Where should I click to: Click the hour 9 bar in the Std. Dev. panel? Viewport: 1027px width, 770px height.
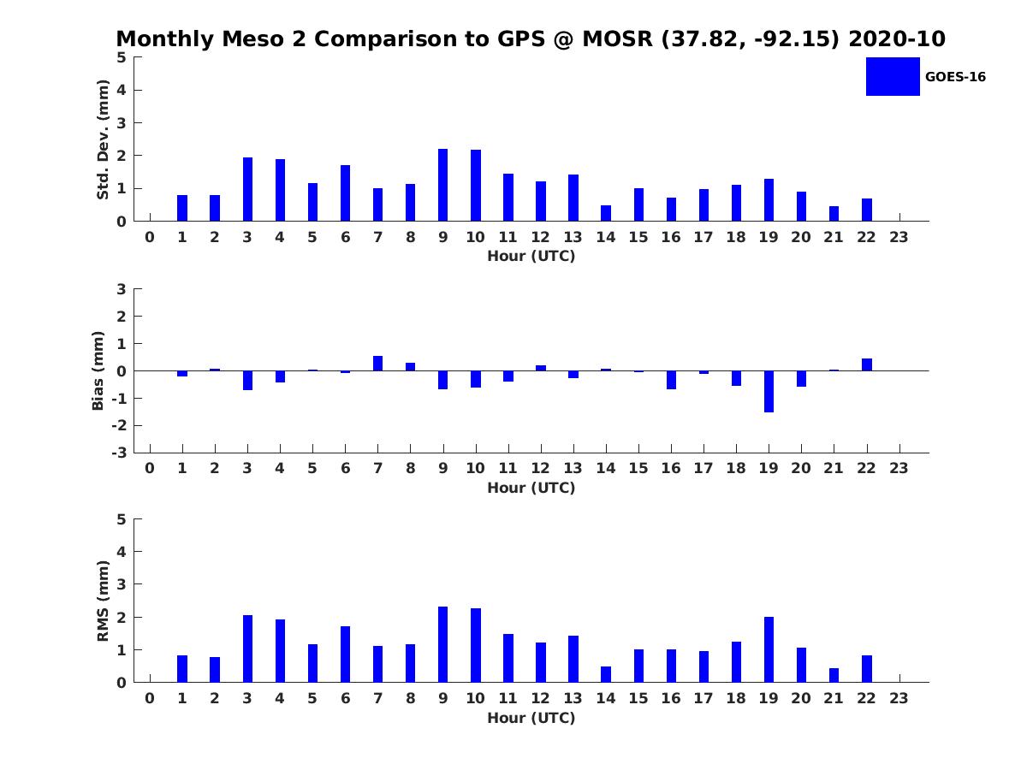[442, 185]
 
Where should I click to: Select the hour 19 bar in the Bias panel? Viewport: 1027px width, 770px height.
[769, 391]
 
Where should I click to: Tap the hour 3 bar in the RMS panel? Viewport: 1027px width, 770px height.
[247, 649]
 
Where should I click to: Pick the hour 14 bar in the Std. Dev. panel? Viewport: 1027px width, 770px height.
[606, 213]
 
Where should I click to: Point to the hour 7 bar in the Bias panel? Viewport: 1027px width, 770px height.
[377, 364]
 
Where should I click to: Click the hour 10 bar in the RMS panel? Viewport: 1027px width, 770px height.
[476, 645]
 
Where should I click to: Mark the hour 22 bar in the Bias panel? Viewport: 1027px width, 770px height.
[867, 364]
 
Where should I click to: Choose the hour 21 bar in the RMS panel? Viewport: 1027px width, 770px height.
[834, 675]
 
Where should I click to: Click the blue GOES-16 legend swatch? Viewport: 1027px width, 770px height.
[893, 76]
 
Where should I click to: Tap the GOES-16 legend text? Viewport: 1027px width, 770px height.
[955, 77]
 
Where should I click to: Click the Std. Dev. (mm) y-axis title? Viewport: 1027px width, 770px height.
[103, 139]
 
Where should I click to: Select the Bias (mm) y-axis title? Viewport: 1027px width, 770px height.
[98, 370]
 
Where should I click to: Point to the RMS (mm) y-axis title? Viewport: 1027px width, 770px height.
[103, 601]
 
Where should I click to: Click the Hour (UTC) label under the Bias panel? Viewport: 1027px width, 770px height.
[531, 488]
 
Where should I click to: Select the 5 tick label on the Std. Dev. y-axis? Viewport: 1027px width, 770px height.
[122, 57]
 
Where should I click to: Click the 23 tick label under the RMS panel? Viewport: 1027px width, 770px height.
[899, 698]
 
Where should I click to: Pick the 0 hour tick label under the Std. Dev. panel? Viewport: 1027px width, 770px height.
[150, 237]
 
